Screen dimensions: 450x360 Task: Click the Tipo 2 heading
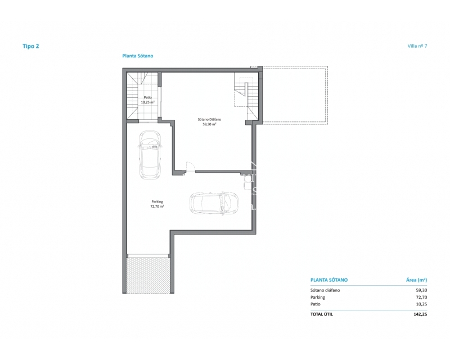pyautogui.click(x=31, y=46)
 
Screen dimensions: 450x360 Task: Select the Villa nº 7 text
pyautogui.click(x=417, y=46)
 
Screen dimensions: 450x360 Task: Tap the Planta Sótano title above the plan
pyautogui.click(x=138, y=56)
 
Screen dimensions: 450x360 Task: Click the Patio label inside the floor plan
pyautogui.click(x=148, y=98)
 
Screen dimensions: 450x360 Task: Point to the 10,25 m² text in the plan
pyautogui.click(x=148, y=102)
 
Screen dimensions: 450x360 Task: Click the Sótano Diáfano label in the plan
pyautogui.click(x=209, y=119)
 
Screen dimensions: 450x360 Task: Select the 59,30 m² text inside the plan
pyautogui.click(x=209, y=124)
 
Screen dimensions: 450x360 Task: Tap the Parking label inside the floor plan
pyautogui.click(x=157, y=201)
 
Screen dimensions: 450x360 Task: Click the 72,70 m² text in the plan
pyautogui.click(x=157, y=206)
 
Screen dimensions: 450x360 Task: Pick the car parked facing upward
pyautogui.click(x=150, y=155)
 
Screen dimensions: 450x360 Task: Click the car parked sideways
pyautogui.click(x=214, y=202)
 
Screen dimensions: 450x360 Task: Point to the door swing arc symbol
pyautogui.click(x=190, y=166)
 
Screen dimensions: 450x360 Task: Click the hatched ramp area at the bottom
pyautogui.click(x=148, y=275)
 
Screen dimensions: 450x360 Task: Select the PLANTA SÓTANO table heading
pyautogui.click(x=329, y=280)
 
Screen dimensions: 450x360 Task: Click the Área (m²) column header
pyautogui.click(x=416, y=280)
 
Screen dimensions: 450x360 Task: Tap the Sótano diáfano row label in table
pyautogui.click(x=325, y=290)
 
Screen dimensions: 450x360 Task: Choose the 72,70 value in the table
pyautogui.click(x=421, y=298)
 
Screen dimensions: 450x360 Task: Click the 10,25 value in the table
pyautogui.click(x=421, y=304)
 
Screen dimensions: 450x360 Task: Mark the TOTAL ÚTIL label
pyautogui.click(x=322, y=314)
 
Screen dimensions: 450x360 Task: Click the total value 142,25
pyautogui.click(x=420, y=314)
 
